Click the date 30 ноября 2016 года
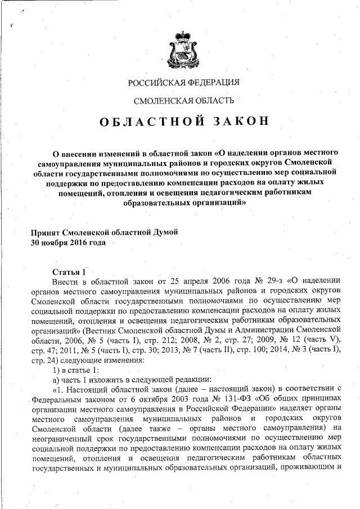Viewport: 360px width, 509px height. coord(68,243)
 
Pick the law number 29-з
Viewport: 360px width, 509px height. coord(254,281)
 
